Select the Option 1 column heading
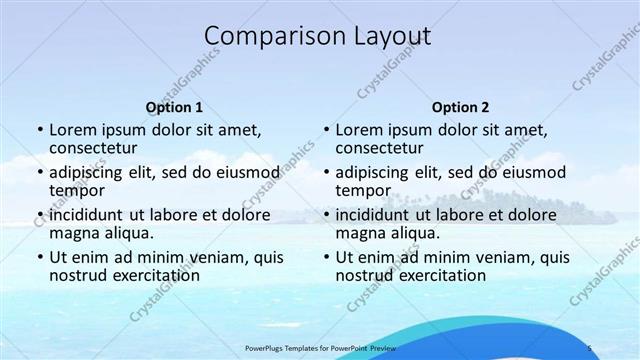(x=174, y=107)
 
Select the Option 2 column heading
(x=461, y=107)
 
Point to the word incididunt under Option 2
(x=373, y=214)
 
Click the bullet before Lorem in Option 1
(x=39, y=131)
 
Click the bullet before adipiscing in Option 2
(x=325, y=173)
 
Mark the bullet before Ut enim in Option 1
(x=39, y=257)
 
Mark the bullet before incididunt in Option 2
(x=325, y=215)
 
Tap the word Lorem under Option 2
(x=359, y=130)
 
